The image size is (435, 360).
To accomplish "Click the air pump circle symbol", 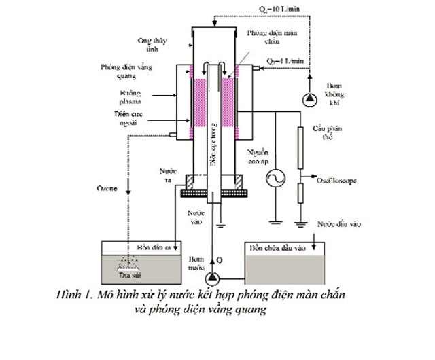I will (310, 99).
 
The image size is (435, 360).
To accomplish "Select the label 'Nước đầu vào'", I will (337, 223).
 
